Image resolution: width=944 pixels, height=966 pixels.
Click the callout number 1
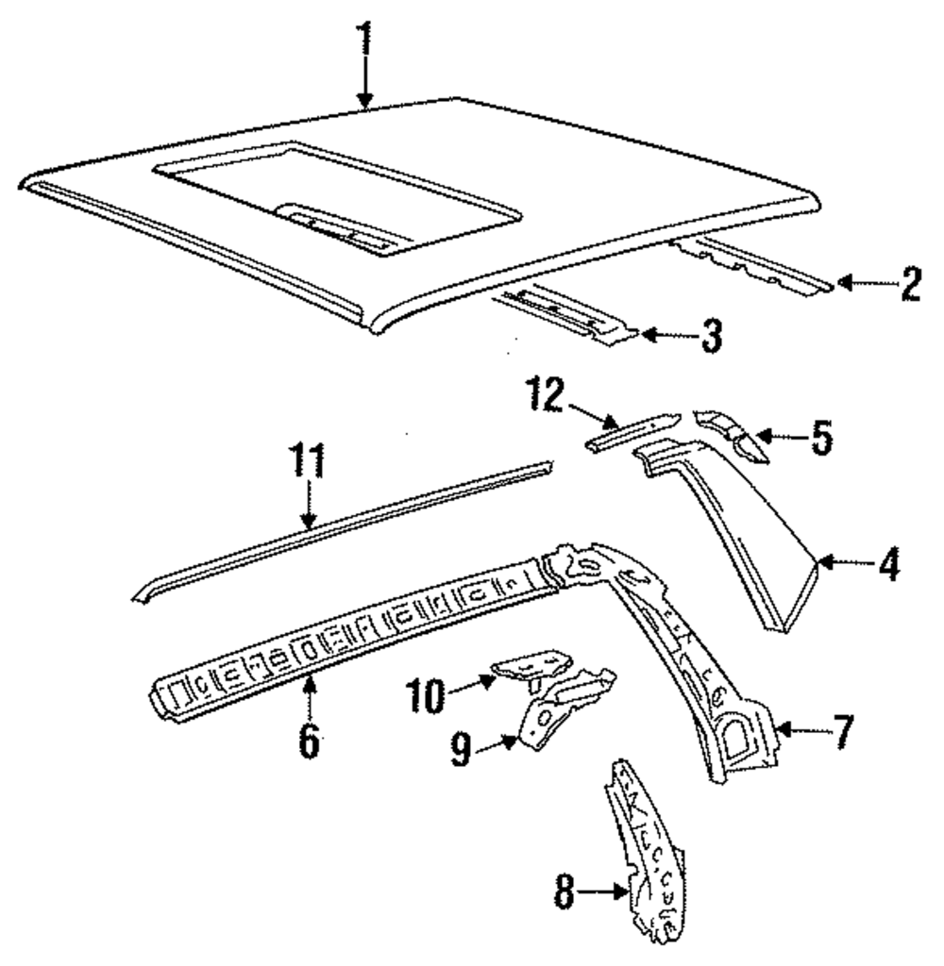click(x=364, y=40)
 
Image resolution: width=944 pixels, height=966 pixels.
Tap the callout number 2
click(x=910, y=284)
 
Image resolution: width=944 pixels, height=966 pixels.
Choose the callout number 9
click(x=460, y=752)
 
